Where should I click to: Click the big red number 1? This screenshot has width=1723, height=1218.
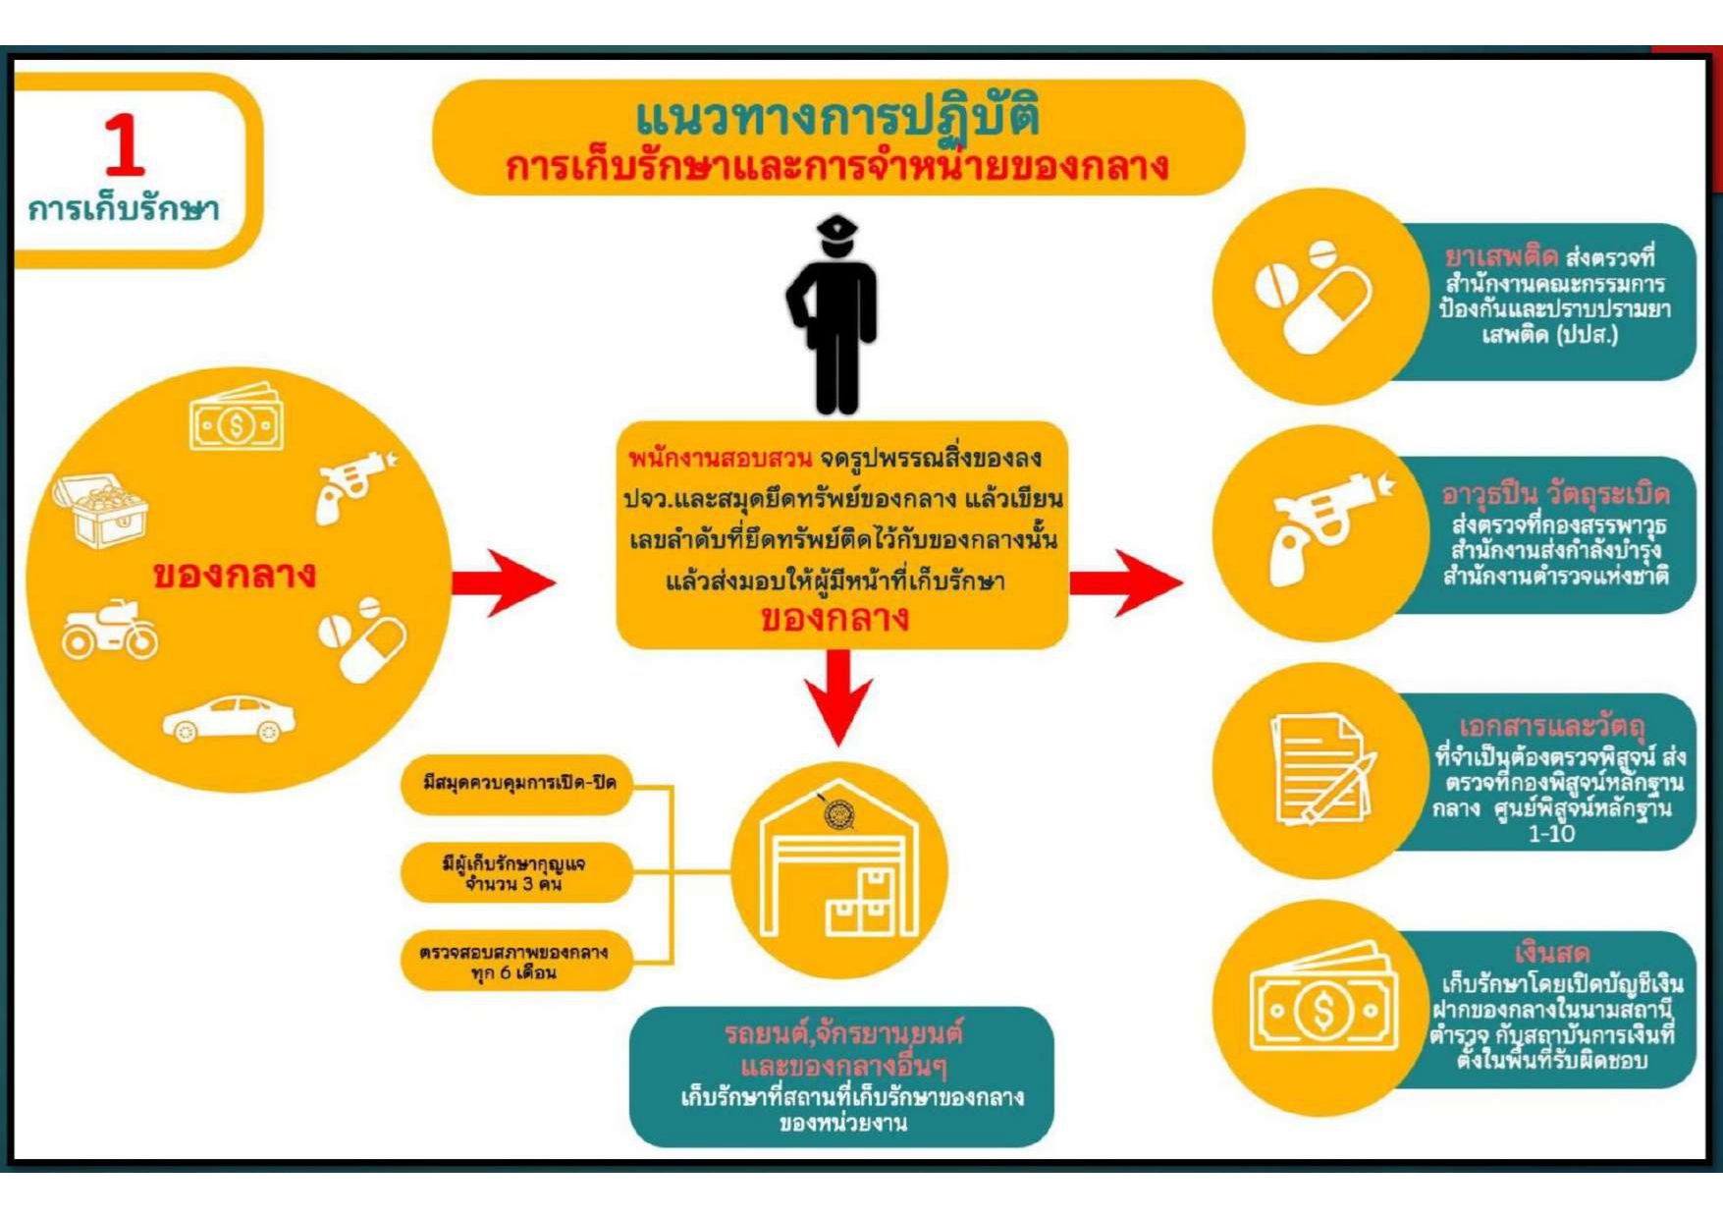[125, 145]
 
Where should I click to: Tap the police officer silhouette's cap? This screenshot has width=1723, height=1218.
[836, 230]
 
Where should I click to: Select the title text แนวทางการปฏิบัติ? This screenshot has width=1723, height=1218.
[837, 118]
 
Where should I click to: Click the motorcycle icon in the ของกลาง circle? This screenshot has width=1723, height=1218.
[109, 630]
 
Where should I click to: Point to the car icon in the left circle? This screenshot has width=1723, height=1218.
[229, 719]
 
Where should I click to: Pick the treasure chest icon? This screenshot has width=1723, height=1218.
[100, 508]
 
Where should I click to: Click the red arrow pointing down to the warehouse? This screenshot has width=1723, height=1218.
[837, 697]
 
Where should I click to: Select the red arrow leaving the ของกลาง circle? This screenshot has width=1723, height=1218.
[503, 582]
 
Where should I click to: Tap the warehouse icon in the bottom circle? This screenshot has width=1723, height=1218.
[839, 869]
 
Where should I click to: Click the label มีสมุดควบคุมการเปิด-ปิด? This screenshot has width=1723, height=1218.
[518, 783]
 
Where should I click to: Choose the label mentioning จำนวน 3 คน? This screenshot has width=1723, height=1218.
[513, 873]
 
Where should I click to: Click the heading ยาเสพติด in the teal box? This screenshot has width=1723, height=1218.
[1501, 257]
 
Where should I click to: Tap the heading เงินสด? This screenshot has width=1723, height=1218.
[1551, 952]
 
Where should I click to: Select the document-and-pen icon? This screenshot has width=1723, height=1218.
[1321, 769]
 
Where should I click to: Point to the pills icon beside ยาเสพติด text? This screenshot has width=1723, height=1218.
[1315, 296]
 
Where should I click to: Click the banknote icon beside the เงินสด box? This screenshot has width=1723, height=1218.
[1322, 1006]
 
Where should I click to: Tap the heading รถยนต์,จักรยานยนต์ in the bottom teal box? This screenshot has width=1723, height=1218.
[842, 1033]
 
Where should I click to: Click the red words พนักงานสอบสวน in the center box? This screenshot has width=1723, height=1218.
[720, 459]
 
